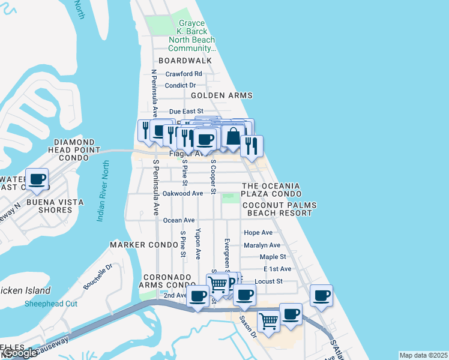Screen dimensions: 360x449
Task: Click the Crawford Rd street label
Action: [x=184, y=74]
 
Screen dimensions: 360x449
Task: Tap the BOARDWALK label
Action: [x=185, y=61]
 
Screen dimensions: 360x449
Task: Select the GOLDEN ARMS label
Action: [x=221, y=95]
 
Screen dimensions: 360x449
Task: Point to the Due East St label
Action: [x=187, y=112]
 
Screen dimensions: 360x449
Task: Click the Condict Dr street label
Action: [x=185, y=85]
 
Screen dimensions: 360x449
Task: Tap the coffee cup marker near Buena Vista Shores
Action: [x=37, y=179]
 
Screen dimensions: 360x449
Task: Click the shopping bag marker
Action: [x=233, y=137]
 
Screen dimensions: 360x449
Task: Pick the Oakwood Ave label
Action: [x=183, y=194]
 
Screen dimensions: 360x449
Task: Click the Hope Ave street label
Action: [x=258, y=233]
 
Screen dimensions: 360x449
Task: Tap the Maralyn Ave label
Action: [x=262, y=245]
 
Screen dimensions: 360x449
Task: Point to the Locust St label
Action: [x=268, y=281]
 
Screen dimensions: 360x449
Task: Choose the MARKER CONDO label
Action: [x=136, y=245]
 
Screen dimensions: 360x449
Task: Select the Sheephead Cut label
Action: [x=51, y=304]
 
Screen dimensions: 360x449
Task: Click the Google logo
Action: [x=20, y=353]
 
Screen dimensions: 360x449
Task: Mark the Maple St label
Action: [x=269, y=257]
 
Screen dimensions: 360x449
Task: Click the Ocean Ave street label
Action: [x=179, y=220]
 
